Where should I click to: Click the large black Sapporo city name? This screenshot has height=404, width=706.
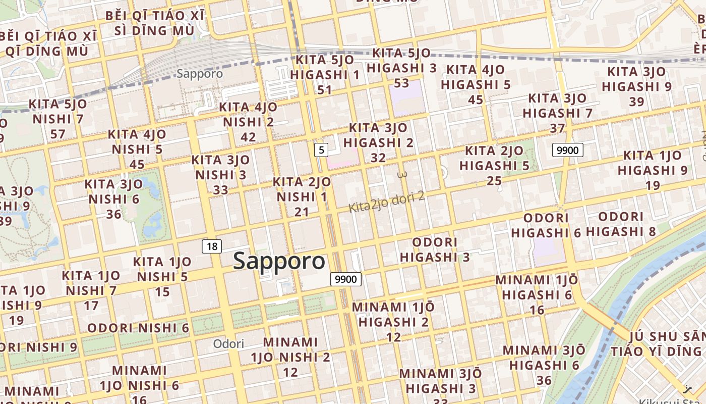(279, 261)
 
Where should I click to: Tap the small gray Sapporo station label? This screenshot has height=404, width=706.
(200, 74)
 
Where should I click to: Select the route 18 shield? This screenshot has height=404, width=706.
(212, 246)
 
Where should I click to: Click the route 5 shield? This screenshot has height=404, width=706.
(321, 149)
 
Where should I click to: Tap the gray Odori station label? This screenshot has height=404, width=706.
(228, 344)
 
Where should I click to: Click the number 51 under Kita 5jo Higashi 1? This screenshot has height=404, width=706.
(325, 90)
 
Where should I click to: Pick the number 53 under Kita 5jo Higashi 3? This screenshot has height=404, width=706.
(401, 82)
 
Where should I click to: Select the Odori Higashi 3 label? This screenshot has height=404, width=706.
(435, 250)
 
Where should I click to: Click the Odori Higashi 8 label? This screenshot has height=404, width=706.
(621, 224)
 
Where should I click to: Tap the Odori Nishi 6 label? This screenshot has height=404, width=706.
(138, 328)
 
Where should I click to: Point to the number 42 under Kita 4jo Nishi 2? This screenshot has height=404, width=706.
(248, 137)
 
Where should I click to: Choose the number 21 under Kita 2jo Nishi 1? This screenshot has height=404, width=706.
(302, 212)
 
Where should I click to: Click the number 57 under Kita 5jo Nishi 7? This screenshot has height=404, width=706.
(58, 134)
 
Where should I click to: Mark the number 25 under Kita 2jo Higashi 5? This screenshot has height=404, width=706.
(494, 180)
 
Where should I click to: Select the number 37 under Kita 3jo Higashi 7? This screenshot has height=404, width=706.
(557, 128)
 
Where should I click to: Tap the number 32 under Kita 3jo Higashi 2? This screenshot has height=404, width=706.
(378, 158)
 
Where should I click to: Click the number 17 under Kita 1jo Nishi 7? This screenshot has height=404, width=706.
(91, 306)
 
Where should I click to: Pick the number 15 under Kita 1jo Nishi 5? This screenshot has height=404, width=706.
(162, 291)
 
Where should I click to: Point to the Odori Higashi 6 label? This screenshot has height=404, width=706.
(546, 225)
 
